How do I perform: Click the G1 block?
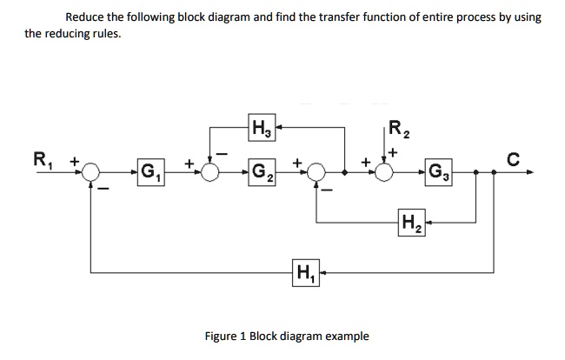[149, 172]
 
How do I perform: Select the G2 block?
[259, 172]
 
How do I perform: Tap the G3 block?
[438, 172]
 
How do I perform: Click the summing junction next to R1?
[91, 172]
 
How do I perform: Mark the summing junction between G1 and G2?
[209, 172]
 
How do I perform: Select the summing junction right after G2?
[316, 172]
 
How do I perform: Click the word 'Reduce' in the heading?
[88, 17]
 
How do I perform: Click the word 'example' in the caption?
[346, 336]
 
